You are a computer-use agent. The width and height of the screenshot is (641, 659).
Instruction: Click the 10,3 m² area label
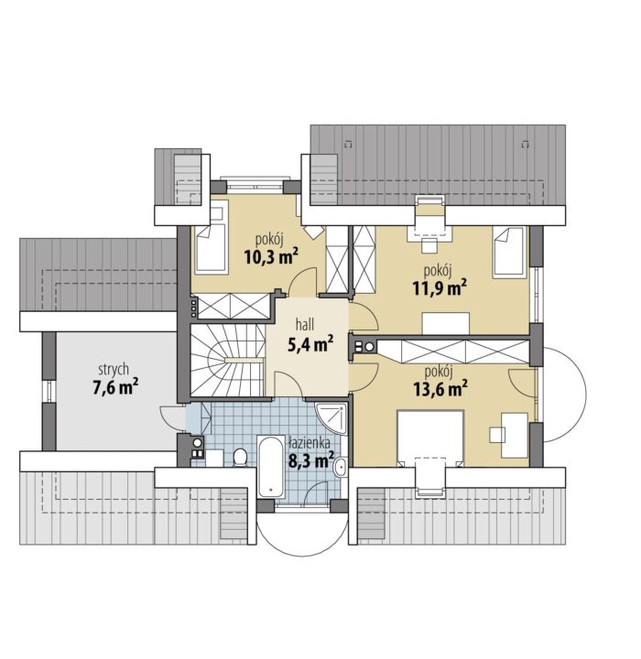pos(271,256)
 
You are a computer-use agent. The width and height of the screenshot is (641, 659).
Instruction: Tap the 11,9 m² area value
pos(440,288)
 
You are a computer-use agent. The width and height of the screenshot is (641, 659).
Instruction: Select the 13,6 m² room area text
pos(440,389)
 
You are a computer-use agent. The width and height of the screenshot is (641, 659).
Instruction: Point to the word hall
pos(305,324)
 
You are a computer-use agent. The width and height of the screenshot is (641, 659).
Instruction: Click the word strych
pos(114,370)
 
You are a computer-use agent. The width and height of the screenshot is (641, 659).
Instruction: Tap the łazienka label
pos(310,442)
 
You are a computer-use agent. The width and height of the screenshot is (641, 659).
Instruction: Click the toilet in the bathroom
pos(240,457)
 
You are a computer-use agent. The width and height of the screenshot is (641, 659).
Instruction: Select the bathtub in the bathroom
pos(271,467)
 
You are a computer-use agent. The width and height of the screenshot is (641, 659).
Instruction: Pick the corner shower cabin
pos(331,418)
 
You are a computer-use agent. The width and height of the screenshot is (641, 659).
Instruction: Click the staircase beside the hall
pos(227,361)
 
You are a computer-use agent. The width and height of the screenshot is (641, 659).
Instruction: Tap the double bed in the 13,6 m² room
pos(430,438)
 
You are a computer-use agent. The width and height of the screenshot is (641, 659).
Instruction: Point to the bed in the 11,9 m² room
pos(510,252)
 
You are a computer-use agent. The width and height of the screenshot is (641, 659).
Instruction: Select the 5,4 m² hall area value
pos(310,344)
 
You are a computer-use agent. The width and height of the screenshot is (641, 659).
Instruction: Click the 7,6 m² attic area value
pos(115,387)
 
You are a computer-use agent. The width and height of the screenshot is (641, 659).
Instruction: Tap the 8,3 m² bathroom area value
pos(310,460)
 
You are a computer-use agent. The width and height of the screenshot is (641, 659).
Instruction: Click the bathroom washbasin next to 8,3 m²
pos(340,467)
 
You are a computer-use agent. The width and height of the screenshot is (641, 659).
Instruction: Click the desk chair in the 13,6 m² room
pos(497,435)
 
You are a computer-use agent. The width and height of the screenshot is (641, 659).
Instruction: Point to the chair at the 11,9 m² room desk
pos(429,245)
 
